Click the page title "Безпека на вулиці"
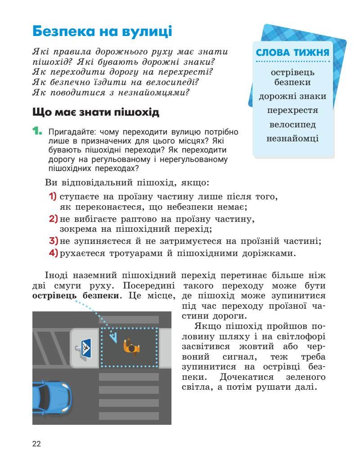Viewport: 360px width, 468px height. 102,31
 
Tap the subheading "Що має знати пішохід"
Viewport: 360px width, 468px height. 96,112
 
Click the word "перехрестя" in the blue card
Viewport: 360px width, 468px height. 292,110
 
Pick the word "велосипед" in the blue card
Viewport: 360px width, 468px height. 292,124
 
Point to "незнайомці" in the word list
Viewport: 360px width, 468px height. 292,138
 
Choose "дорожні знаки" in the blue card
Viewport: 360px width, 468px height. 292,96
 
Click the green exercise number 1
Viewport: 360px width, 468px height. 37,131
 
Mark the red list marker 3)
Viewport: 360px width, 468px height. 53,241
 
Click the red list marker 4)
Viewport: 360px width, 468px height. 53,253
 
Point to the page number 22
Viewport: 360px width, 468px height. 36,444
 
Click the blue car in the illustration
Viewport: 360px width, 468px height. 50,399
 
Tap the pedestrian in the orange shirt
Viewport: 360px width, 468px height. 131,346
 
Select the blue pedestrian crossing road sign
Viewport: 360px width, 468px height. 86,347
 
